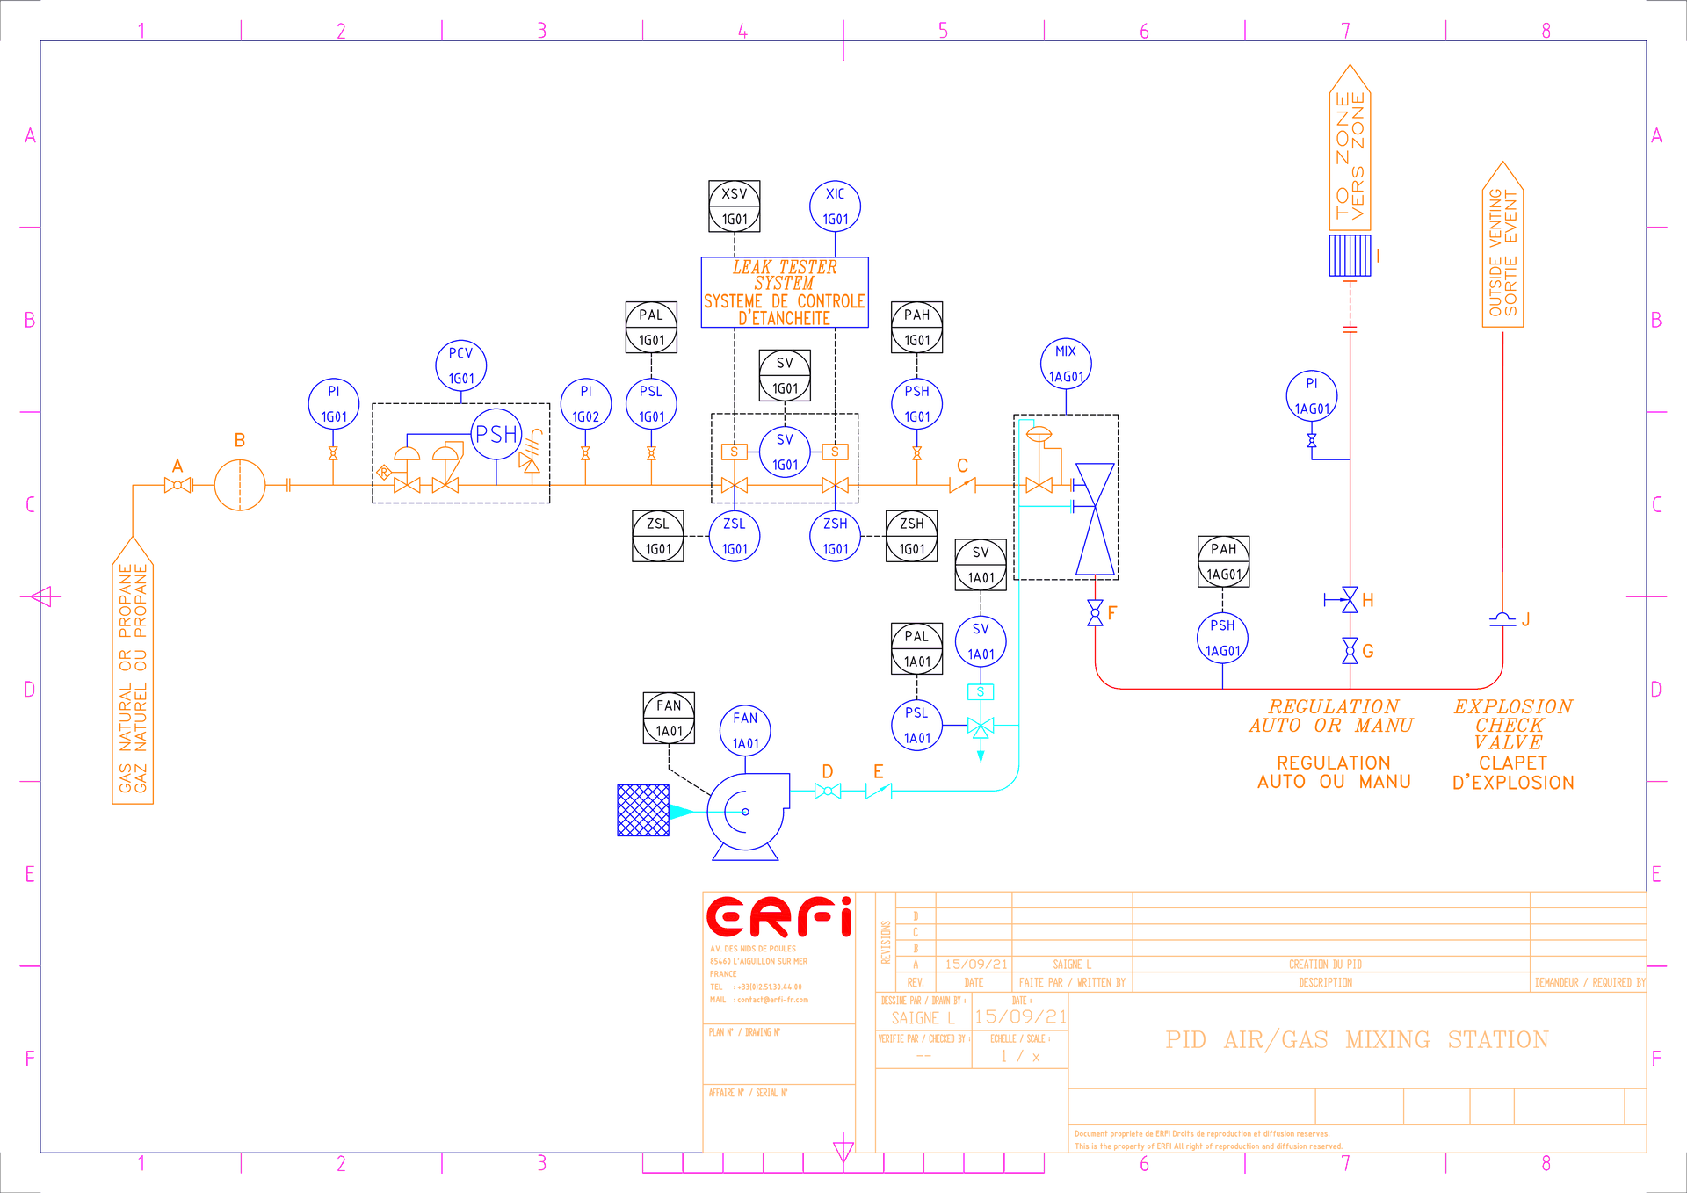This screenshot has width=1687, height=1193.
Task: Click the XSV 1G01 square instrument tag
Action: pos(735,206)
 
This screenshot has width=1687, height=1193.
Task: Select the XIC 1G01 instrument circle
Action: pos(835,206)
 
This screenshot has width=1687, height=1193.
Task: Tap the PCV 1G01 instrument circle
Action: pos(460,365)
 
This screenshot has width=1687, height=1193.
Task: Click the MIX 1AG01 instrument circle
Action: pos(1066,364)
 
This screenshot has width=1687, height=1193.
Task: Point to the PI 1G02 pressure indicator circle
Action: pos(585,404)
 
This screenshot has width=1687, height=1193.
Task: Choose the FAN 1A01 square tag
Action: pos(669,718)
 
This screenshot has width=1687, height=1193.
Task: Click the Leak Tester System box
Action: pos(784,293)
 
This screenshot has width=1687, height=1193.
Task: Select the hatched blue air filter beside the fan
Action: pos(643,810)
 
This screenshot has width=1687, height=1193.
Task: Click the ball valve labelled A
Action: pos(177,485)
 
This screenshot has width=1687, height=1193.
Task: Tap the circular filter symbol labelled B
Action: pos(240,485)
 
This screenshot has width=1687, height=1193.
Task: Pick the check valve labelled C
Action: pos(963,484)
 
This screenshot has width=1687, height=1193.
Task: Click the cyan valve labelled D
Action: pos(828,791)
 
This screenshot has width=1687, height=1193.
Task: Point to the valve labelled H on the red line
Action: pos(1349,600)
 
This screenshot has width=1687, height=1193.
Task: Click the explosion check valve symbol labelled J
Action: pos(1502,619)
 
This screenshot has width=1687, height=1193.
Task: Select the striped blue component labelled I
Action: pos(1350,256)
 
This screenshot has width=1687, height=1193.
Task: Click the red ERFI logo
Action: pos(778,917)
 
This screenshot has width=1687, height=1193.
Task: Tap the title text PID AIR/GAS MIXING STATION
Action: pos(1357,1040)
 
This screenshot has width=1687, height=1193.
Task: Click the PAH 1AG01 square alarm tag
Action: pos(1223,561)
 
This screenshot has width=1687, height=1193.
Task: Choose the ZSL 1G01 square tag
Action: pos(658,536)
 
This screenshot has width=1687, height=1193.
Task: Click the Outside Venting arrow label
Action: pos(1502,246)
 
